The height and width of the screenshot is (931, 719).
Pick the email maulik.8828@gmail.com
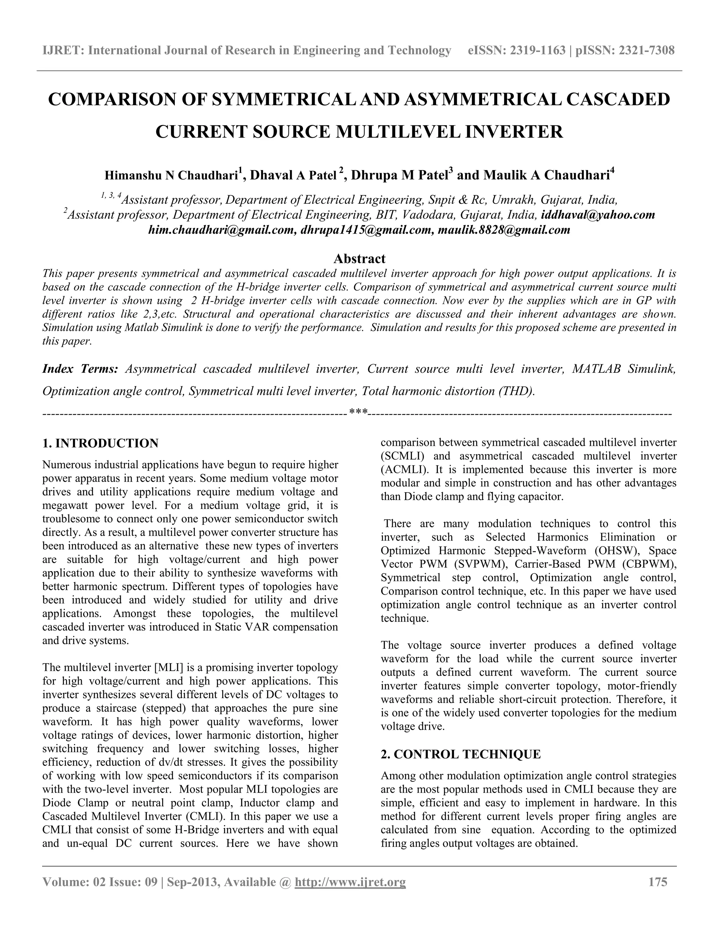503,230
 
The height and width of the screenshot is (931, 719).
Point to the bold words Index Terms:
80,369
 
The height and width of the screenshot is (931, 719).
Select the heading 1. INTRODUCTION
100,443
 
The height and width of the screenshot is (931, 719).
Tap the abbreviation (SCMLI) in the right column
402,456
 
